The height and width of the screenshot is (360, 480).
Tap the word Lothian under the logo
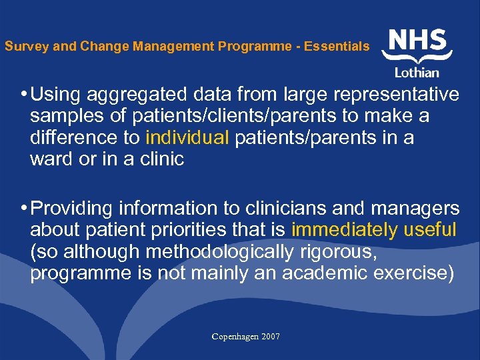(x=418, y=73)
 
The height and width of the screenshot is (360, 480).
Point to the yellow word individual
(x=187, y=138)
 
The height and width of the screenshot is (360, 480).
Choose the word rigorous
(x=340, y=253)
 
